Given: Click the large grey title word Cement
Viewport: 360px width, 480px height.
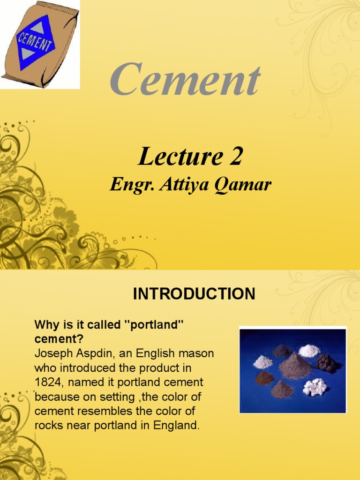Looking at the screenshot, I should point(185,81).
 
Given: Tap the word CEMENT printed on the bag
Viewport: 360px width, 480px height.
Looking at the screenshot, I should point(35,44).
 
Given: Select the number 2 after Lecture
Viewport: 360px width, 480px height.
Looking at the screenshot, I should point(236,157).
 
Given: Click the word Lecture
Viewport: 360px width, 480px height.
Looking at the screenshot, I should point(177,157).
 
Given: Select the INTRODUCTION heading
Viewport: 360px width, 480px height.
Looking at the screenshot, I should point(194,294).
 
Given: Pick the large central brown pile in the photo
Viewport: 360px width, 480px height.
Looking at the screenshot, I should point(294,367).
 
